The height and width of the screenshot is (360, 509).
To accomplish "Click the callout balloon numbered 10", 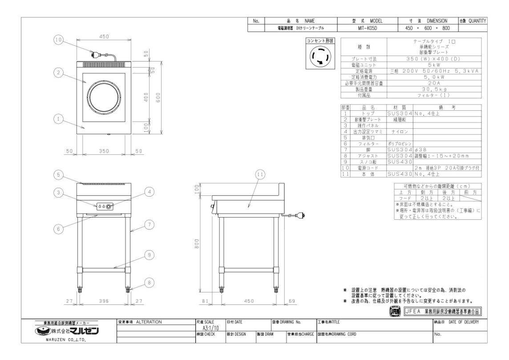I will coord(59,40).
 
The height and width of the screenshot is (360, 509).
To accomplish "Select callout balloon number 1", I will coord(59,119).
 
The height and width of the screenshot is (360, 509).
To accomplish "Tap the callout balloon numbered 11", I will coord(260,174).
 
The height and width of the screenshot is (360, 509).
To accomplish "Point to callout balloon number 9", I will coord(150,255).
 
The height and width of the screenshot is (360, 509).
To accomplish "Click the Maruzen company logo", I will coord(67,331).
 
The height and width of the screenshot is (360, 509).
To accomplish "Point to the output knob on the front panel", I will coord(110,206).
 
